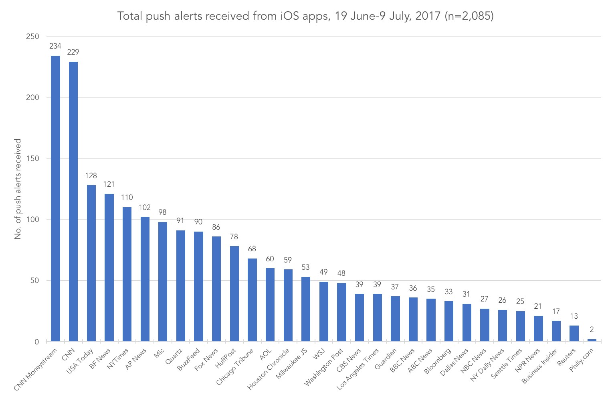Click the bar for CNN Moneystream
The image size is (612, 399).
(x=55, y=199)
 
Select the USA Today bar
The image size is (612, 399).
(x=91, y=263)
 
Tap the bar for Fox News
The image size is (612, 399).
(x=216, y=289)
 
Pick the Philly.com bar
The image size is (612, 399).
(x=592, y=340)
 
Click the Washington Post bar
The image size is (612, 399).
(x=341, y=312)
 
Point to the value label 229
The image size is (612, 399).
(x=73, y=52)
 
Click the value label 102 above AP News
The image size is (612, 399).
(x=145, y=208)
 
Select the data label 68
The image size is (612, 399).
(x=252, y=249)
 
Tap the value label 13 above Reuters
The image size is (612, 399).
(x=574, y=316)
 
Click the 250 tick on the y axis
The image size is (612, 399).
(x=32, y=37)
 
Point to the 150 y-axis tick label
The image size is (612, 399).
(x=32, y=159)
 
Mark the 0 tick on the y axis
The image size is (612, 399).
(x=36, y=342)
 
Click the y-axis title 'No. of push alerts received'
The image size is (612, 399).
(x=18, y=189)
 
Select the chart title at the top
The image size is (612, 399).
(x=305, y=16)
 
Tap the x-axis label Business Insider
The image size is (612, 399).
(x=539, y=366)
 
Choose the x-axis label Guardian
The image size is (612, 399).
(x=386, y=359)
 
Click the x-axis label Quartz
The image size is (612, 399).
(x=174, y=356)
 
